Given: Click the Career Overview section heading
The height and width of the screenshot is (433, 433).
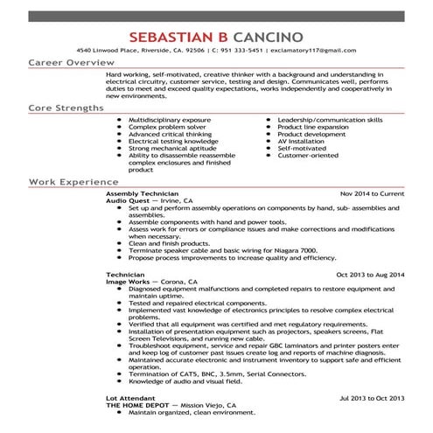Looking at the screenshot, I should [71, 64].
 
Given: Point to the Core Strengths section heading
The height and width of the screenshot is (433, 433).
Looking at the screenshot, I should [65, 108].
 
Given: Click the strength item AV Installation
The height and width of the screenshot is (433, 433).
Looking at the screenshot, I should [302, 140].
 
